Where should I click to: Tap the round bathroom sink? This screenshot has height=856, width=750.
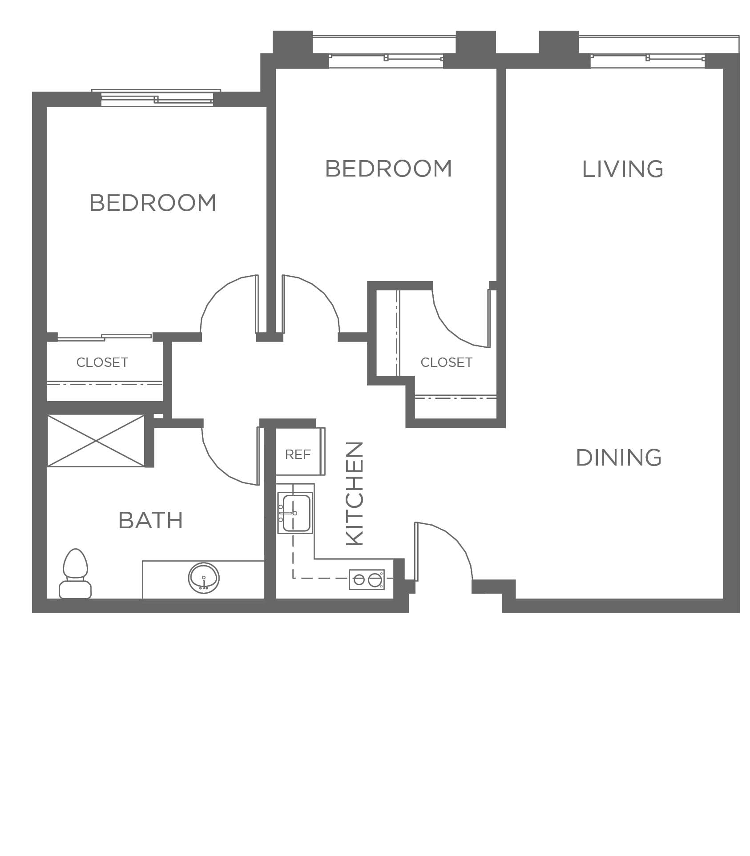tap(204, 578)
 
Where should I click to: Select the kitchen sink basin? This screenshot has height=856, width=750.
tap(295, 513)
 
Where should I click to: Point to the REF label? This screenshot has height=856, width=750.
tap(298, 454)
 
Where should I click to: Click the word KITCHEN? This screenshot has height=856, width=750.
tap(355, 494)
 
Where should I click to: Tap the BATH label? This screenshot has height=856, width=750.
tap(151, 520)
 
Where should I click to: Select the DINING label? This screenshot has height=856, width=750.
tap(619, 458)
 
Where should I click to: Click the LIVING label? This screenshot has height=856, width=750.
tap(623, 169)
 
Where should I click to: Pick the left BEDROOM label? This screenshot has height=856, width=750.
tap(153, 203)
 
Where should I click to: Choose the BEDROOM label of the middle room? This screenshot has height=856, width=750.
tap(389, 169)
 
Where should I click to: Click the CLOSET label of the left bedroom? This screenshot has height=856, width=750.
tap(102, 362)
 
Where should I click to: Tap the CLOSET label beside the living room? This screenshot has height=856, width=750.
tap(447, 362)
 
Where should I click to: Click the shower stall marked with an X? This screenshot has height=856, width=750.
tap(96, 441)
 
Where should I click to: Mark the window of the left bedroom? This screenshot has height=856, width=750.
tap(157, 98)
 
